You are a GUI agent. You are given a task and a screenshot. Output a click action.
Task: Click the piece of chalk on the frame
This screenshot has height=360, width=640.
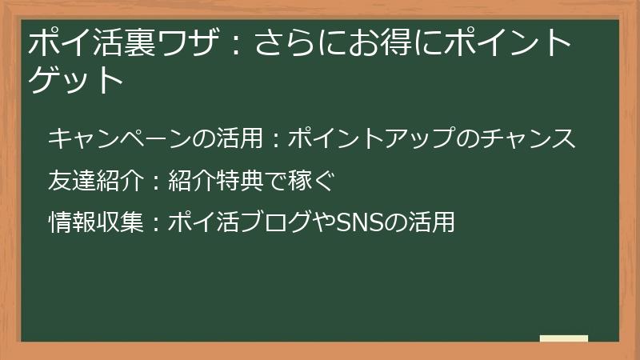564,339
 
